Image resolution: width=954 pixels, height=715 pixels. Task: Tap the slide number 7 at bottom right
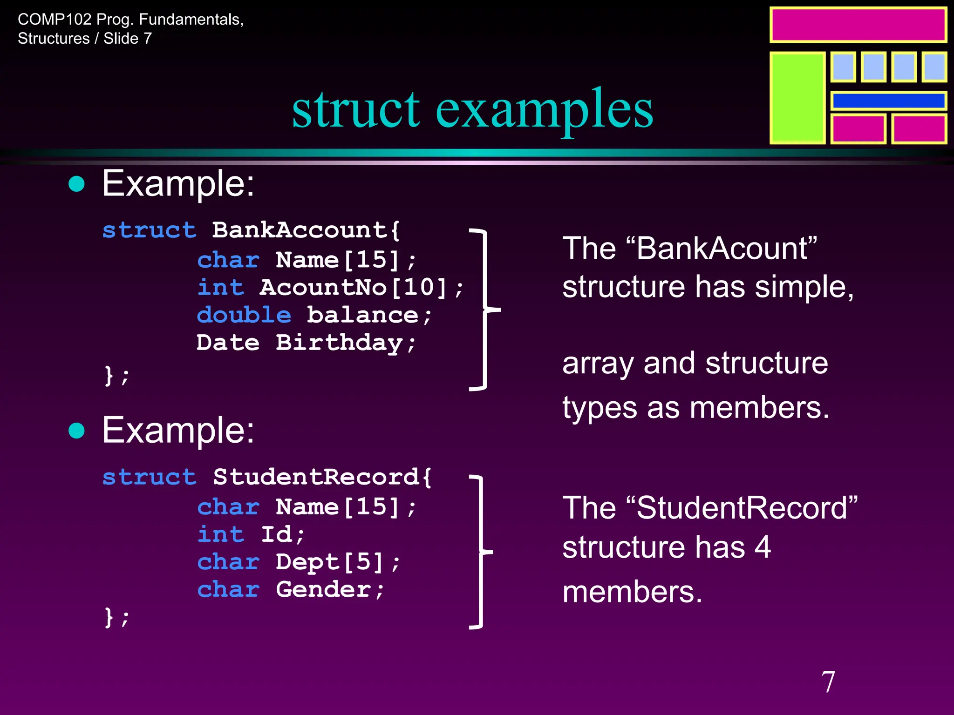(x=828, y=682)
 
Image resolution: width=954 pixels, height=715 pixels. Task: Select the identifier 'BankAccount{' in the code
(x=306, y=230)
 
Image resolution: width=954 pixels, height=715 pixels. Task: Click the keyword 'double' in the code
(x=244, y=315)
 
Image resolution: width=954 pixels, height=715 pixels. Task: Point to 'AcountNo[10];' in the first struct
(x=361, y=287)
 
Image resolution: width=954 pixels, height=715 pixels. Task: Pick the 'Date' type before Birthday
(x=228, y=343)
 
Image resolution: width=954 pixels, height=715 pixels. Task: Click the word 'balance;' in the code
(x=369, y=315)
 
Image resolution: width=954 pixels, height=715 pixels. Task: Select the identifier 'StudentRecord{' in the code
(x=322, y=477)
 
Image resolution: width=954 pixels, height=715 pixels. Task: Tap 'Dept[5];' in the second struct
(x=338, y=562)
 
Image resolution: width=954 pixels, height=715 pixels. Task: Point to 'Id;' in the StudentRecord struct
(x=283, y=534)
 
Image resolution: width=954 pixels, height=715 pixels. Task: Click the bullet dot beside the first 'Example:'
(x=77, y=184)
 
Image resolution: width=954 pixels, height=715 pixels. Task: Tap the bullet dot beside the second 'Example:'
(x=77, y=431)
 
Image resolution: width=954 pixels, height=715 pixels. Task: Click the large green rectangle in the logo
(x=797, y=98)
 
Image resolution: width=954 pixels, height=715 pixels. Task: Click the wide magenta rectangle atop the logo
(x=858, y=25)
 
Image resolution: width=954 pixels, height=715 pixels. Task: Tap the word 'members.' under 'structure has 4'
(x=632, y=592)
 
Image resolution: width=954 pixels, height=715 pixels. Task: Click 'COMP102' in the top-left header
(x=55, y=20)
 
